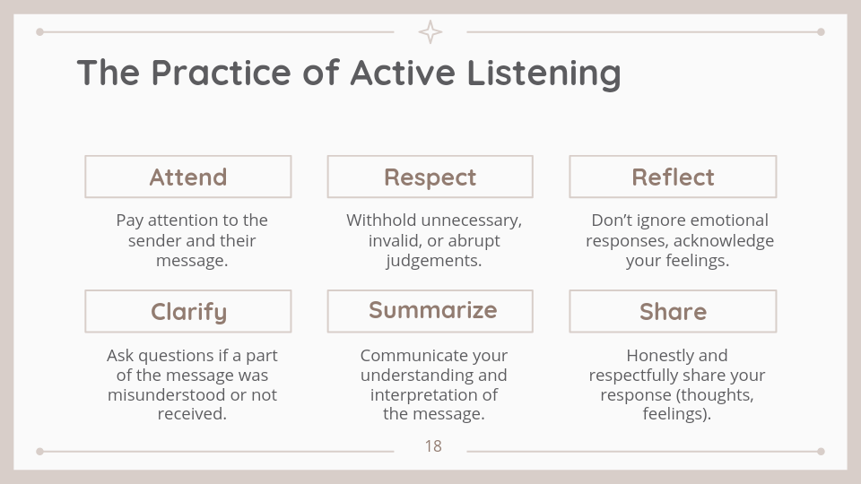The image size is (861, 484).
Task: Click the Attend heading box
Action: [187, 177]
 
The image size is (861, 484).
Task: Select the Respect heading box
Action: [430, 177]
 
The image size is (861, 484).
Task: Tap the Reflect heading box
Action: [673, 177]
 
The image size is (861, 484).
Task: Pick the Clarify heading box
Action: [187, 311]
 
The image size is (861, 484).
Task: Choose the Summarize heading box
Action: [430, 311]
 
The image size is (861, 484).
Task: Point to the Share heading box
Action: [673, 311]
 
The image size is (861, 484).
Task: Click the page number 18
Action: [433, 446]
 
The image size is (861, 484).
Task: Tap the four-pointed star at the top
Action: [430, 32]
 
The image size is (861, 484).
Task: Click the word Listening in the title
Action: [544, 73]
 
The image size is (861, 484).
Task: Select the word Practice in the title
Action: [221, 73]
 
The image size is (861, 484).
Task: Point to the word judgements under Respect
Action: [434, 261]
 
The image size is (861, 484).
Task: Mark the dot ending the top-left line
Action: [39, 32]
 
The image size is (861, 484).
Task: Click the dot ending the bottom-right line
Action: [821, 451]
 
